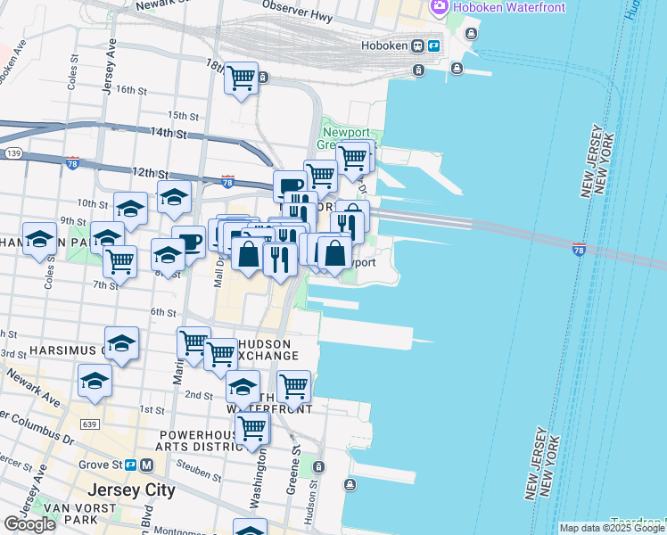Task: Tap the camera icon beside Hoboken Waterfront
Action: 438,7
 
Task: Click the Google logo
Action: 29,524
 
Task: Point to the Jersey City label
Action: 131,490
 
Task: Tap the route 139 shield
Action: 12,154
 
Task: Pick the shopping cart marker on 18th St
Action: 241,78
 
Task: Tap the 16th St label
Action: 130,90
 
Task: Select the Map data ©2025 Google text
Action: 612,528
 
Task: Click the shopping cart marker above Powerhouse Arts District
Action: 252,430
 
